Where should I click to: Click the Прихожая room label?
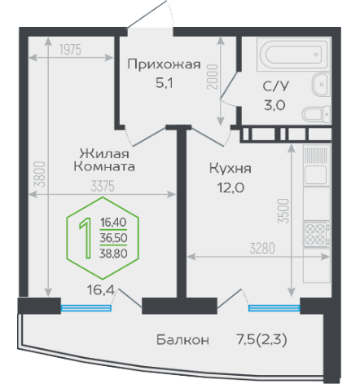click(164, 64)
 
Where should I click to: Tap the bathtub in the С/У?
click(293, 55)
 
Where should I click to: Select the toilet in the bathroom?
click(316, 114)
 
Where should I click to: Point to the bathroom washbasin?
click(321, 84)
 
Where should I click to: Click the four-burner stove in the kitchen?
click(317, 234)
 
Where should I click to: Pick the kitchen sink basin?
click(315, 174)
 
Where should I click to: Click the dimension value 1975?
click(70, 50)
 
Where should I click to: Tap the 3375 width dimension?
click(103, 187)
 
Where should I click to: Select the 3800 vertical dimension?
click(40, 174)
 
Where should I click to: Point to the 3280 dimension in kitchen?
click(262, 249)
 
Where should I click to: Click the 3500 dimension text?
click(283, 211)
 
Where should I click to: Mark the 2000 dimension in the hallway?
click(213, 77)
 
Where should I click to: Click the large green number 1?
click(86, 238)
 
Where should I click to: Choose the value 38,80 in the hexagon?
click(113, 254)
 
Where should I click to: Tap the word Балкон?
click(182, 340)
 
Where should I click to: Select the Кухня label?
click(230, 169)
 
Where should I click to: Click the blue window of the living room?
click(86, 308)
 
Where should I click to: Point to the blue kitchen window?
click(274, 308)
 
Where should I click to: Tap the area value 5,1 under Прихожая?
click(165, 83)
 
